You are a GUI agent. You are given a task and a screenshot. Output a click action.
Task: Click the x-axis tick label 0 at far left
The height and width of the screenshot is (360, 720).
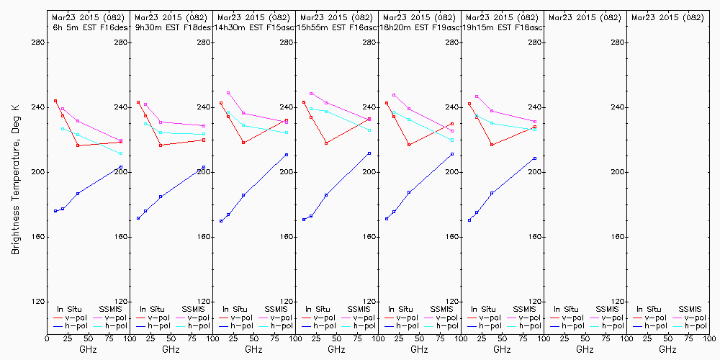(47, 338)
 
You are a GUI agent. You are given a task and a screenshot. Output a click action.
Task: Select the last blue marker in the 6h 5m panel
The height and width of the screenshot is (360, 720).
(121, 167)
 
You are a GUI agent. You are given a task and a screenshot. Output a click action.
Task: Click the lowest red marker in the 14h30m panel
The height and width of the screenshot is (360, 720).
(243, 143)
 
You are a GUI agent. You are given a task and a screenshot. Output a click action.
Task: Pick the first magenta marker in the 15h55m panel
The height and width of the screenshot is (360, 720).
(311, 94)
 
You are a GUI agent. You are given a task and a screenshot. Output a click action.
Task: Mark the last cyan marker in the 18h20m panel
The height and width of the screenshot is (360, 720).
(452, 140)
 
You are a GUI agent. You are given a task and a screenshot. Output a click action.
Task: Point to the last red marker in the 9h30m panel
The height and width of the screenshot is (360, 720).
(204, 140)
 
